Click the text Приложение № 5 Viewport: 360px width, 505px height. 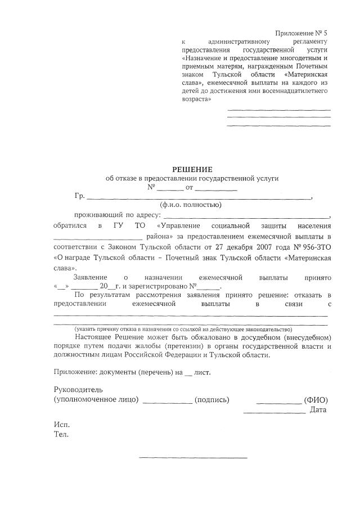301,33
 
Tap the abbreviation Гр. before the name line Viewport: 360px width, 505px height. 79,196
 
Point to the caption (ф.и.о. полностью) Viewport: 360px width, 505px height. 191,205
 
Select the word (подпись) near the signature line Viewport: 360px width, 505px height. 211,399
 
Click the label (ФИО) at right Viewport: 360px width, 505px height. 316,399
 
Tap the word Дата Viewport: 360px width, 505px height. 318,410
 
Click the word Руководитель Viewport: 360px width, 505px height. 78,389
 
